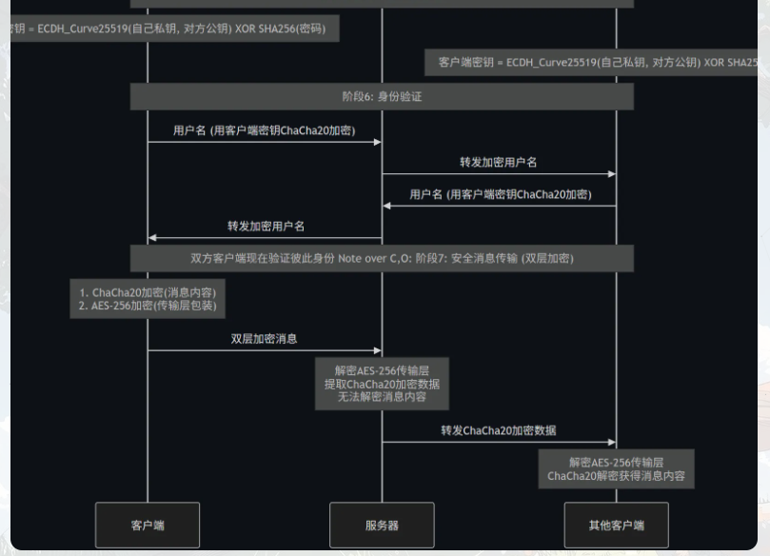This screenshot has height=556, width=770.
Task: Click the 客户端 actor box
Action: [148, 525]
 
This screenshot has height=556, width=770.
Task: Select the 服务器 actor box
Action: [382, 525]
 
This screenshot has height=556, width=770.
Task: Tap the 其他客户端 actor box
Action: [616, 525]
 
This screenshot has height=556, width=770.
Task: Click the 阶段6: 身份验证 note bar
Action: [382, 96]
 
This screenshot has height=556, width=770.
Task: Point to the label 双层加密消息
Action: [265, 338]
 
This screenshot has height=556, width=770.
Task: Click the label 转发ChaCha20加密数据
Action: [499, 430]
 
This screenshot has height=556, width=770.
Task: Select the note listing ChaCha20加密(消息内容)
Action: [148, 299]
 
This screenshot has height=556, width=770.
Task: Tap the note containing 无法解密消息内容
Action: [382, 384]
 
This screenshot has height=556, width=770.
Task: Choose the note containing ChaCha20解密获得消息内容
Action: [616, 468]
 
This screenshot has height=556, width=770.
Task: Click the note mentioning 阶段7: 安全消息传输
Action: [382, 258]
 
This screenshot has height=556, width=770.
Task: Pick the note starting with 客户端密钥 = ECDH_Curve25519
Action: [597, 63]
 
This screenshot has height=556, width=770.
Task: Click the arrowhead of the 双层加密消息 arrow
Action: [378, 350]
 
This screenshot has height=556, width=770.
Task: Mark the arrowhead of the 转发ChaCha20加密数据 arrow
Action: [612, 443]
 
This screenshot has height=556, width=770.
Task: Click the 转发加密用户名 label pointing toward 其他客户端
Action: [499, 162]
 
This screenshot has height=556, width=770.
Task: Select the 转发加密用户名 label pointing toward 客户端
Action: [266, 227]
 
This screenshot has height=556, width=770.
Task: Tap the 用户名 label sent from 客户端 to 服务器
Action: [265, 130]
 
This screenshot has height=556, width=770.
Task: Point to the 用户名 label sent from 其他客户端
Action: [500, 194]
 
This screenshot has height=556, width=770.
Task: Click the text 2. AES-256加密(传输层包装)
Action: [148, 306]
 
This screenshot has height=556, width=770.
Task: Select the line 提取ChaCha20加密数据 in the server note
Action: [382, 384]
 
